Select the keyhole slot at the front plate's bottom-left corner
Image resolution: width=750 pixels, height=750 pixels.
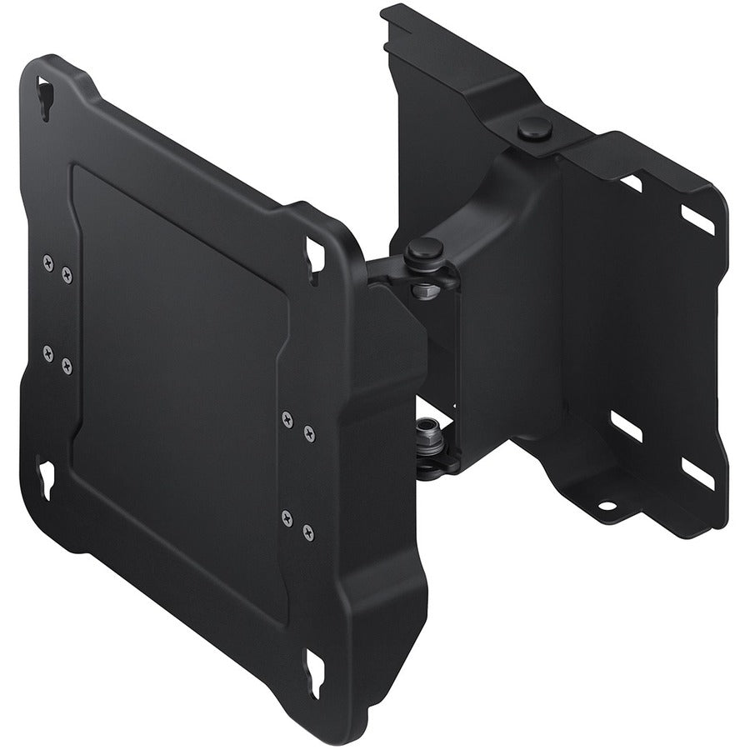pos(45,478)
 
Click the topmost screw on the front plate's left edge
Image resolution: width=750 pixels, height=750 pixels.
pos(47,262)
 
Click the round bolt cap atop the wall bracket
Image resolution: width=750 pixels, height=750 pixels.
pos(534,128)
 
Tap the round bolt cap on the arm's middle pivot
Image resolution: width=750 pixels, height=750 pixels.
pos(426,248)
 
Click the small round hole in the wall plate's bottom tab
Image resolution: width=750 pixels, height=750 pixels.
pos(606,505)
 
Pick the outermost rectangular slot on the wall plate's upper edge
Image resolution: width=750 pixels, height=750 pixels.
pos(697,218)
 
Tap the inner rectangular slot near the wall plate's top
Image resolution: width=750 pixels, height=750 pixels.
pos(632,182)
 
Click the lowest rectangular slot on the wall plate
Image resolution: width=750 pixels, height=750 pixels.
pos(697,473)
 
